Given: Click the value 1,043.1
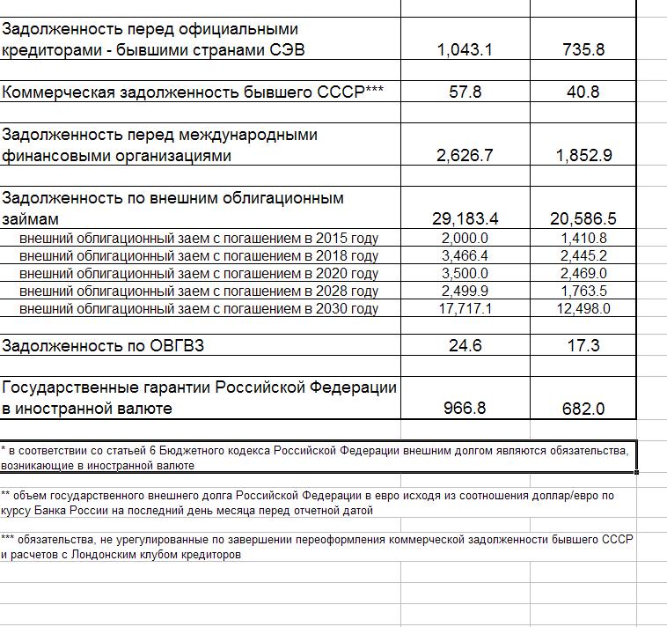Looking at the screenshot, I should point(465,50).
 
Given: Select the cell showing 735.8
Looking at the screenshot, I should point(583,50).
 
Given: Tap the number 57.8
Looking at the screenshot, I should point(465,92).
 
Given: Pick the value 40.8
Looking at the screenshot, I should point(583,92).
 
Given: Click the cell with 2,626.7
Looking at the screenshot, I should point(465,156).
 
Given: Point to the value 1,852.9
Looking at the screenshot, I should point(583,156).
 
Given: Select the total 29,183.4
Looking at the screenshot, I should point(465,218).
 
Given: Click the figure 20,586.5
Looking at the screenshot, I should point(583,218).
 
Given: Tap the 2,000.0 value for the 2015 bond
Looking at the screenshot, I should point(465,238).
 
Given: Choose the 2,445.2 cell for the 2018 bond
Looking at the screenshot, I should point(583,255).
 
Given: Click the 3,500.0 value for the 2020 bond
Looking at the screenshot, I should point(465,273).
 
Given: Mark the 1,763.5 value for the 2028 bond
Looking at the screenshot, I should point(583,291).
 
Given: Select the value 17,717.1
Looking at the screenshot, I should point(465,308).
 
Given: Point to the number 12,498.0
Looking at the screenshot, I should point(583,308).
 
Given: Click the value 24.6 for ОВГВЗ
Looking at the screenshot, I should point(465,346).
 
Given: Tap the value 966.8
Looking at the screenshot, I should point(465,409).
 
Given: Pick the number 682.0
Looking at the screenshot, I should point(583,409).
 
